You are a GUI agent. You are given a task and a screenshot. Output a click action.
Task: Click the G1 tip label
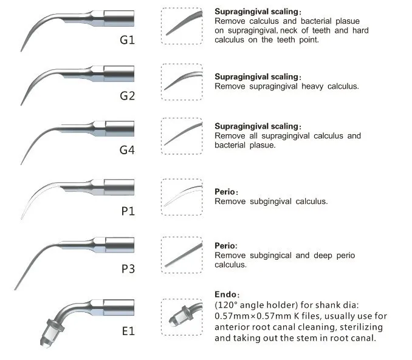(127, 40)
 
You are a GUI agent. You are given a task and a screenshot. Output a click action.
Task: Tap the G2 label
(127, 96)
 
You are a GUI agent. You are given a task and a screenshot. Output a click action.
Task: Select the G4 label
(127, 150)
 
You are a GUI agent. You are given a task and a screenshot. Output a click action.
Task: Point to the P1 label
(128, 211)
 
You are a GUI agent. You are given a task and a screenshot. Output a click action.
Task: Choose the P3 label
(128, 269)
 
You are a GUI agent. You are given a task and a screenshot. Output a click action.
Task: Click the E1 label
(128, 331)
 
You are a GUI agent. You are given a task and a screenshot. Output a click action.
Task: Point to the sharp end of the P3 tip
(15, 290)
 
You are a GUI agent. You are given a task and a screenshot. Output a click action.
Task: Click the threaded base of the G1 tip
(119, 18)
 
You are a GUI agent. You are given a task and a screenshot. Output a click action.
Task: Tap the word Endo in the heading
(225, 294)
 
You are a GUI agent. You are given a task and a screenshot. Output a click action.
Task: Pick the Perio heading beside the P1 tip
(225, 192)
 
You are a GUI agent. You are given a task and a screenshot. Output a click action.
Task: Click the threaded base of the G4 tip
(120, 129)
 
